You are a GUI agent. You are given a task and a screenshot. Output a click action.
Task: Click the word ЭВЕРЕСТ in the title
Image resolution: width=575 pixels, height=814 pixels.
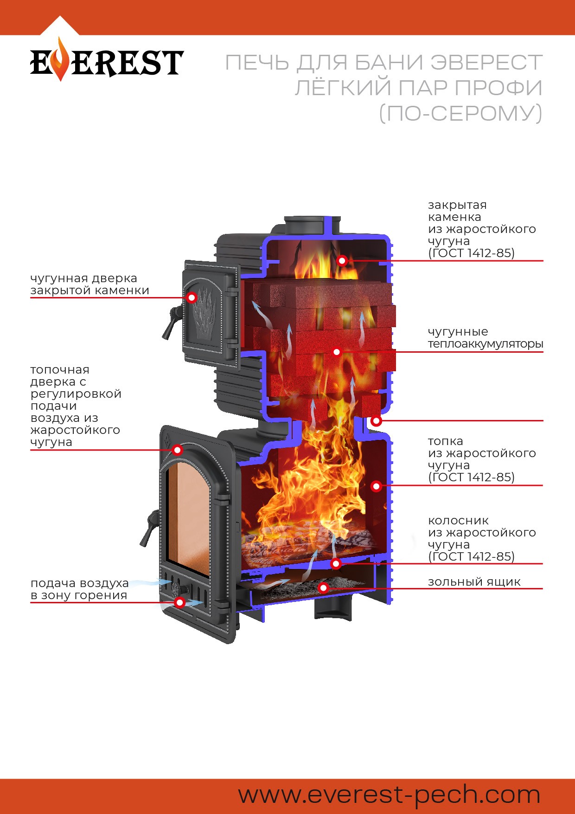(486, 63)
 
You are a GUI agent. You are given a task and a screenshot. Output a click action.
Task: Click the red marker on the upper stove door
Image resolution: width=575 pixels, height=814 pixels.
(192, 297)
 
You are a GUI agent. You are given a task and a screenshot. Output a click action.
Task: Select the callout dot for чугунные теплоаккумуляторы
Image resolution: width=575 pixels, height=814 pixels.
(337, 352)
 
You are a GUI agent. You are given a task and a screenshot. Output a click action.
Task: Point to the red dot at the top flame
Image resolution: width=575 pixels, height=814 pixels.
(342, 260)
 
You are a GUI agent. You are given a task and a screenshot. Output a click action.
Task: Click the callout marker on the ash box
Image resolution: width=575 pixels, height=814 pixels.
(324, 588)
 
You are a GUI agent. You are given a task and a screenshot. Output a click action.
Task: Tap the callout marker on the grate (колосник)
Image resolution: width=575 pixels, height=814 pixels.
(336, 563)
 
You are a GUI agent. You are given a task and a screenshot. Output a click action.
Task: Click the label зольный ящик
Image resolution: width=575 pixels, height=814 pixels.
(474, 582)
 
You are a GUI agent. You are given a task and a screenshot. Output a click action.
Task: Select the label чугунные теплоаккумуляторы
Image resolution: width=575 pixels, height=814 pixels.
(485, 338)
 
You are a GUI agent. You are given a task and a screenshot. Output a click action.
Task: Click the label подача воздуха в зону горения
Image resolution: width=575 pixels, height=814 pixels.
(79, 589)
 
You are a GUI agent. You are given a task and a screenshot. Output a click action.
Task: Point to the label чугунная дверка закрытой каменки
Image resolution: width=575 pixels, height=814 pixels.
(89, 284)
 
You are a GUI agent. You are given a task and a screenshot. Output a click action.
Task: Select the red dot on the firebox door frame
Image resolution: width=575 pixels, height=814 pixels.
(177, 450)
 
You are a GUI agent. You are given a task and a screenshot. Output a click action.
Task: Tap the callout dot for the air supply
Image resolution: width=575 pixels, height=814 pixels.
(180, 602)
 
